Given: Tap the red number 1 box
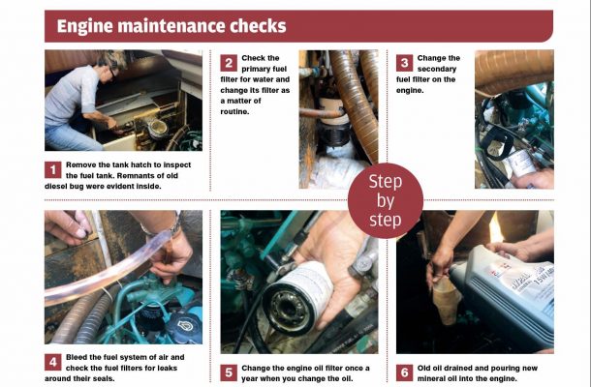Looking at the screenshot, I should (x=54, y=169).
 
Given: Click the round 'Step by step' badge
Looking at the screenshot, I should (x=387, y=200).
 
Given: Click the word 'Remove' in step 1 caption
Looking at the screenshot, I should (x=90, y=164).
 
